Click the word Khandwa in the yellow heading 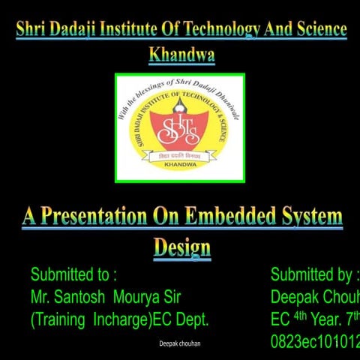(181, 54)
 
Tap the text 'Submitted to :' (73, 274)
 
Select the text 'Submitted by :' (314, 274)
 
